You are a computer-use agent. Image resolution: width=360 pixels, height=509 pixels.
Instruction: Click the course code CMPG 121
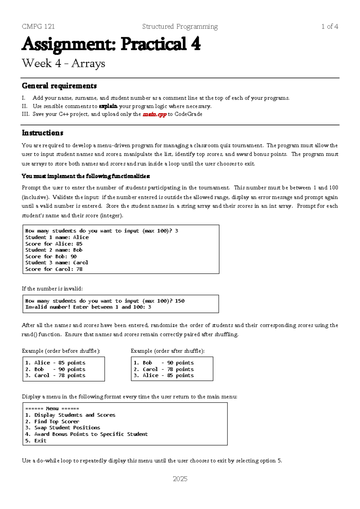38,26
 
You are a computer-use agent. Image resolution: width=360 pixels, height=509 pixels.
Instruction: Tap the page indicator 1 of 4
329,26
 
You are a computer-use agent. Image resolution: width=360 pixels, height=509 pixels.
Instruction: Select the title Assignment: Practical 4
111,44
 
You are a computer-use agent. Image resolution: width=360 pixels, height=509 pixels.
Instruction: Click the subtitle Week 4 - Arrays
63,63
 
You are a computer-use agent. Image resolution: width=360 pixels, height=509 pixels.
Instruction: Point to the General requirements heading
59,86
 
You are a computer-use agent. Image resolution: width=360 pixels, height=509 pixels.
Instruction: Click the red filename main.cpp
154,114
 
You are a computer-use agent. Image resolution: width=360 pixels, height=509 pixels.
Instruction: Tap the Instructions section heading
42,133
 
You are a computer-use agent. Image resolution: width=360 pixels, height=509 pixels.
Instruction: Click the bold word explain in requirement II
108,106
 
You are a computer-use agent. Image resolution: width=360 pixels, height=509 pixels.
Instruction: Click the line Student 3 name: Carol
56,263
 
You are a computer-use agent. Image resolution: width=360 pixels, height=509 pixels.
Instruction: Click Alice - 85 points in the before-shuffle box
55,363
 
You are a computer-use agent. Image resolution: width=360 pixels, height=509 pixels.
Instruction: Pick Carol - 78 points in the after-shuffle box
163,369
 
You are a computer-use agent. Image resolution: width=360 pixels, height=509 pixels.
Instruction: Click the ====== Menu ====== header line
52,408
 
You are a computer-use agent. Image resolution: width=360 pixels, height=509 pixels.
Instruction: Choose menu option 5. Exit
36,441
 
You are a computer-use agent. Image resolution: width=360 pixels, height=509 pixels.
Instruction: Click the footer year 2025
180,479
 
